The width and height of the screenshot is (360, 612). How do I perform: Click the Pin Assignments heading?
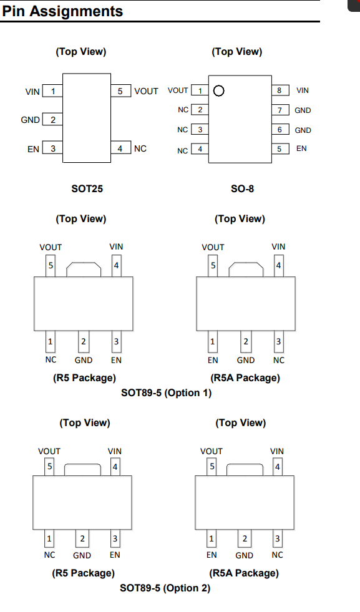(x=62, y=11)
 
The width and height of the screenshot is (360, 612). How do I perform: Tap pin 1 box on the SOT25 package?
(x=52, y=91)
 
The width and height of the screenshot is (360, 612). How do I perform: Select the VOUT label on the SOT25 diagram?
(x=146, y=91)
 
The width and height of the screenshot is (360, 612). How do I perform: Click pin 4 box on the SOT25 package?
(x=120, y=148)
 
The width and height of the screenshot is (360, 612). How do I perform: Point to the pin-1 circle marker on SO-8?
(x=218, y=91)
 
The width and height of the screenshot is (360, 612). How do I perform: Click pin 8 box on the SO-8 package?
(x=280, y=90)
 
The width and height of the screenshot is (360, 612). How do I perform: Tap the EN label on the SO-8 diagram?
(x=301, y=148)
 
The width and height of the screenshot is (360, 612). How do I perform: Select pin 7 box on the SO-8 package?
(x=280, y=110)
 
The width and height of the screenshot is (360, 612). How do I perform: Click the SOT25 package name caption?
(x=87, y=189)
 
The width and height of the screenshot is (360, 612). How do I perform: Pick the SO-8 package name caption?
(x=243, y=189)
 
